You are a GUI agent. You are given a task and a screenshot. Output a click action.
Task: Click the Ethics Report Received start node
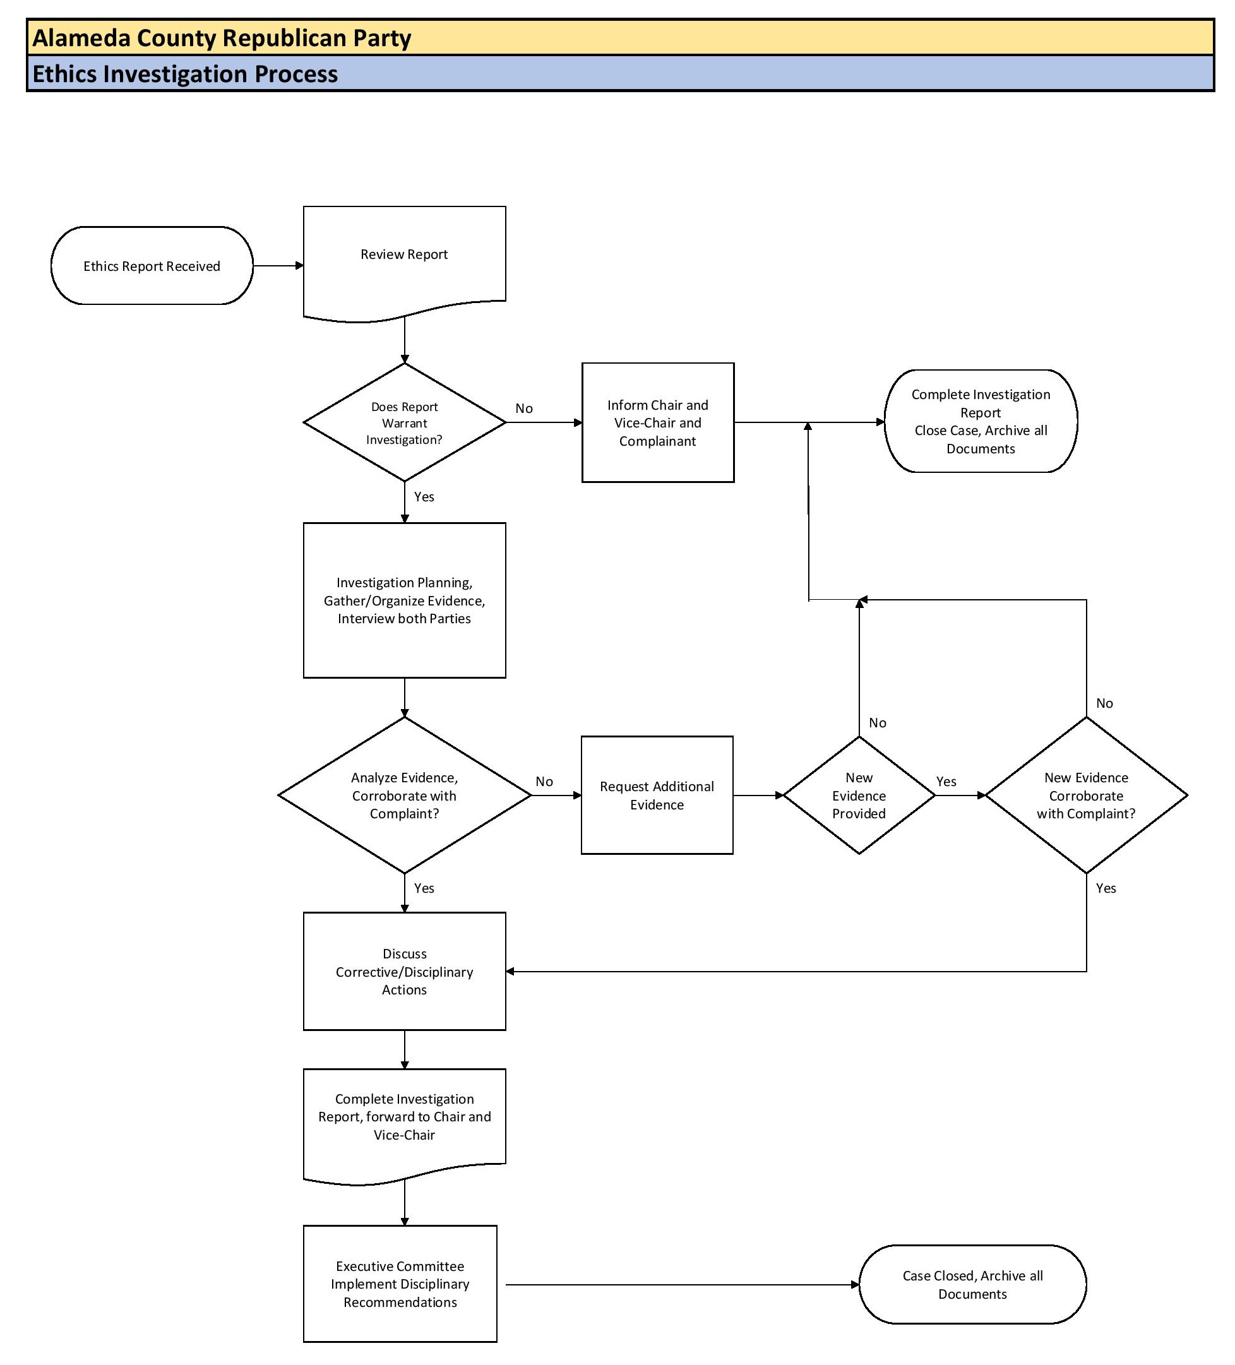coord(152,266)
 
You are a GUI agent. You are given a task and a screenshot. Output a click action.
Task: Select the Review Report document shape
coord(404,261)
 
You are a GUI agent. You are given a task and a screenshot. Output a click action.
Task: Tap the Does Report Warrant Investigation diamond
coord(404,422)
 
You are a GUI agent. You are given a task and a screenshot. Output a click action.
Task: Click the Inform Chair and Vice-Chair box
coord(657,422)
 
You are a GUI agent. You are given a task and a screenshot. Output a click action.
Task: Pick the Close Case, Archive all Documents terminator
coord(980,421)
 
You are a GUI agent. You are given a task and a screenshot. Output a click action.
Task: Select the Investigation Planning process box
coord(404,600)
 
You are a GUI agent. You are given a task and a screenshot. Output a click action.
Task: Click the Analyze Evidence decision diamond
coord(404,795)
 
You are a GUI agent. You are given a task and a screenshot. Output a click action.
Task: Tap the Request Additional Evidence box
coord(657,795)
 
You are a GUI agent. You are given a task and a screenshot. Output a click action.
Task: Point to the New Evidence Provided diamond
coord(859,795)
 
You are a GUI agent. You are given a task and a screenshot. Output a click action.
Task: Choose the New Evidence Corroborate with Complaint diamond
coord(1085,795)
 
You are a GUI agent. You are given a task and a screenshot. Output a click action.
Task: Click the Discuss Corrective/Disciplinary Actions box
coord(404,971)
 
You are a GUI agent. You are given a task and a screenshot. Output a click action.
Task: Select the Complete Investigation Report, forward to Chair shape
coord(404,1117)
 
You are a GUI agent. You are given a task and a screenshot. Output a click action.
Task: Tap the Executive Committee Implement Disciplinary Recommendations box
coord(400,1284)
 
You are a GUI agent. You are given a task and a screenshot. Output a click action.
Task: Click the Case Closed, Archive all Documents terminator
coord(972,1284)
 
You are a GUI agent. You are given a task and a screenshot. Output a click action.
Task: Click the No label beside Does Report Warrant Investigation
coord(523,408)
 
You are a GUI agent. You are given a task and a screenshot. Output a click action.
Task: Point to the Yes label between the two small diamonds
coord(946,782)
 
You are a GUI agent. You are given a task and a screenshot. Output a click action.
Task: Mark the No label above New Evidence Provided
coord(878,722)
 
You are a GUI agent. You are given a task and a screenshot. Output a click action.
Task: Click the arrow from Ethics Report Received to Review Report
coord(278,266)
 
